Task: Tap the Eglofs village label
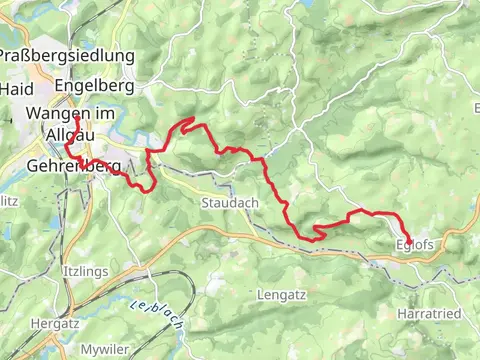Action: coord(414,246)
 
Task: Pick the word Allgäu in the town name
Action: coord(67,133)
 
